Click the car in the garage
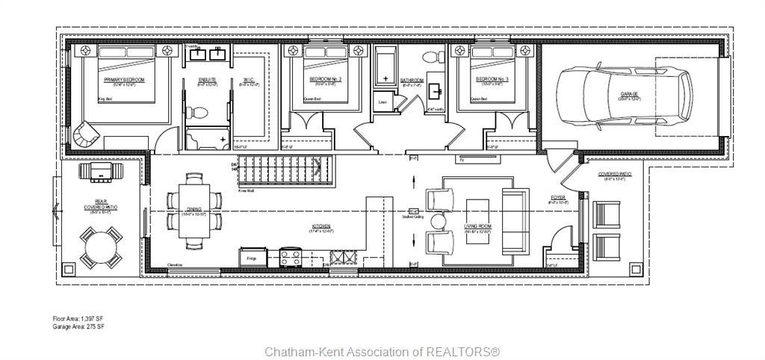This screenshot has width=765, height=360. (625, 95)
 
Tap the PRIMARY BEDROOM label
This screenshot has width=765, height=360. (124, 79)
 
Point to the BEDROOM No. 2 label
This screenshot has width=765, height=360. (325, 79)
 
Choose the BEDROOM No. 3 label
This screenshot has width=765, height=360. (492, 79)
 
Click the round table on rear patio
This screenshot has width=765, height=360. (102, 246)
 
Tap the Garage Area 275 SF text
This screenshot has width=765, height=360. (78, 327)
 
